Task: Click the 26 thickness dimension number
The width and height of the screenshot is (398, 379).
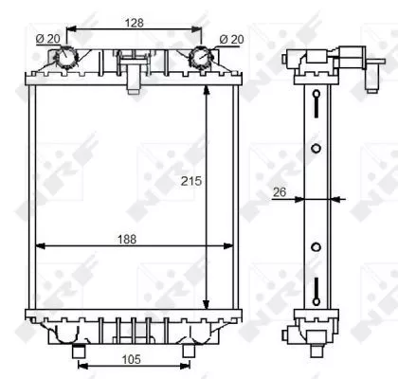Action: point(279,192)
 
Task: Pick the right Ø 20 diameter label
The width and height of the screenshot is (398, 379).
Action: point(230,39)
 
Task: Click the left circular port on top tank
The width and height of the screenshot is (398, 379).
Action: point(65,59)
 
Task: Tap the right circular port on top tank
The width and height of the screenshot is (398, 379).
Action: point(200,59)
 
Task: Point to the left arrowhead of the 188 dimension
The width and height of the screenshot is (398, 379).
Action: point(39,247)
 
